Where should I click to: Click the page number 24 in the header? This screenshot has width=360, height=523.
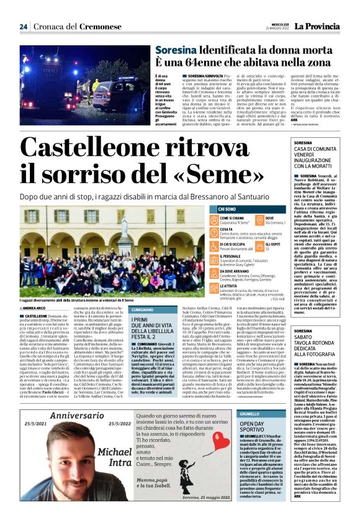click(x=24, y=27)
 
